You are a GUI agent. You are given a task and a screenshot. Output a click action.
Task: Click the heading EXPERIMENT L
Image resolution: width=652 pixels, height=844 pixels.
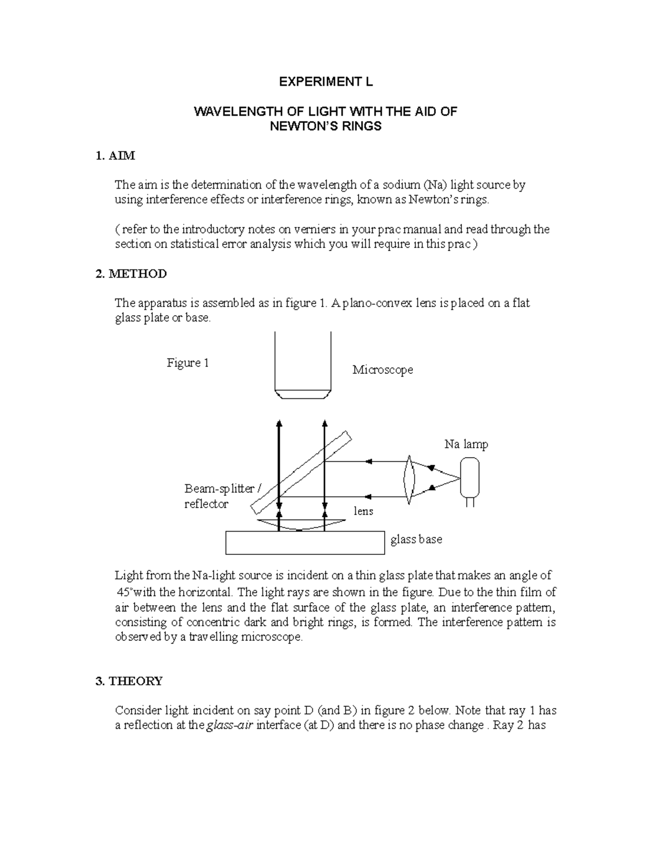tap(326, 82)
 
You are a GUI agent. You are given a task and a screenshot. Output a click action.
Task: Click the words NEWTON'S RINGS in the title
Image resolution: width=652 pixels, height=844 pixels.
tap(326, 127)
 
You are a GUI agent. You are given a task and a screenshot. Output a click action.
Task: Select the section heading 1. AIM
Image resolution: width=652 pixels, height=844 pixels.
tap(115, 156)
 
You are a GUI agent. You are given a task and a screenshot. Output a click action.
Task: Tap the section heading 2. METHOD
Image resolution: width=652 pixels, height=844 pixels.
tap(131, 273)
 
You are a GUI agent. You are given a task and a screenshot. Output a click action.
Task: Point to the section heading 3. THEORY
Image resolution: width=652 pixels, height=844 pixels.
tap(129, 681)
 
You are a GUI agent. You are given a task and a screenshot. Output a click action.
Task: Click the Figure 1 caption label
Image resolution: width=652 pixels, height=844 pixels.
tap(187, 363)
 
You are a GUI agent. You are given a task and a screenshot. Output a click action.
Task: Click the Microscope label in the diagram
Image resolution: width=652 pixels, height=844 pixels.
tap(383, 370)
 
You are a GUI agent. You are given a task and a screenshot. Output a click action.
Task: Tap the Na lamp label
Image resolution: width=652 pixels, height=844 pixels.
tap(466, 445)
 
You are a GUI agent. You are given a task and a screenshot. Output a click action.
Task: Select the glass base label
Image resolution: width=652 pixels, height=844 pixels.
tap(416, 540)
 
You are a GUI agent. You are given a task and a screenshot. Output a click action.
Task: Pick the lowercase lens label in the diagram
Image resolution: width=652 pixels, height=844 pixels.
tap(363, 511)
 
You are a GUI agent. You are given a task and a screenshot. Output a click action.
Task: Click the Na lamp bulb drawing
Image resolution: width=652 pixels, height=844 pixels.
tap(469, 478)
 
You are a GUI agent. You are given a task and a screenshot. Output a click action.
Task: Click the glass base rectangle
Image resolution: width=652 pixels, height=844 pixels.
tap(305, 543)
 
